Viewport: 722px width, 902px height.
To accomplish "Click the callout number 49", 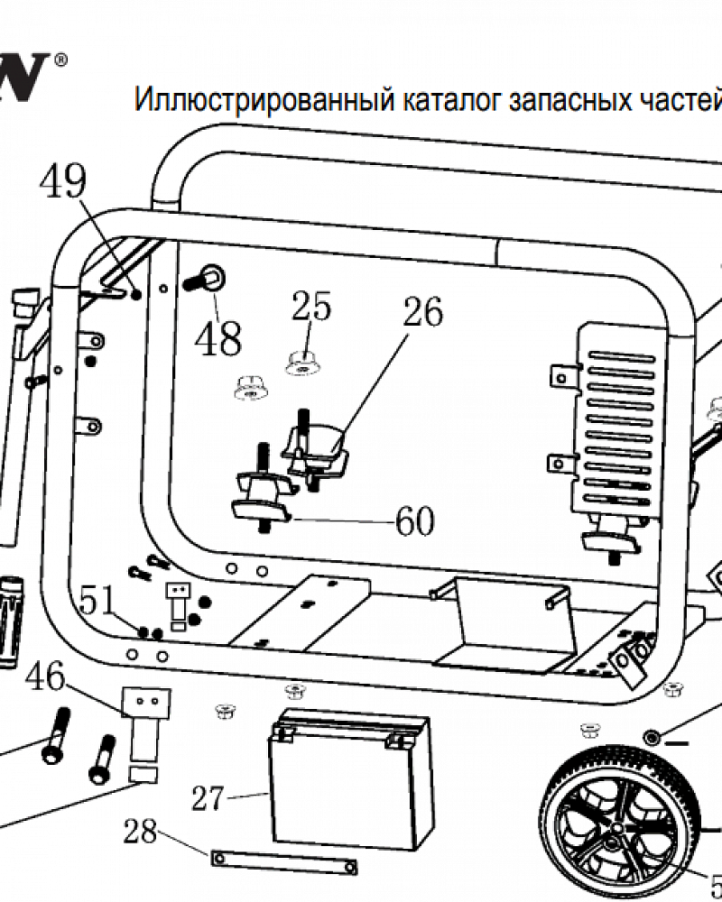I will [x=62, y=183].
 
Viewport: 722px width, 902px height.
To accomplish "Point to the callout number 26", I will [x=422, y=312].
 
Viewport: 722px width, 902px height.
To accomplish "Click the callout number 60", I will [x=414, y=521].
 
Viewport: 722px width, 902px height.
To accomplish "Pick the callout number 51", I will [x=98, y=599].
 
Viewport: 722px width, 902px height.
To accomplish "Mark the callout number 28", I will [x=141, y=831].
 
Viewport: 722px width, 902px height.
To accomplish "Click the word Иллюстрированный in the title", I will [x=261, y=98].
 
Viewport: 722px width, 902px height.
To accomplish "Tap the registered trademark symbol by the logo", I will [x=60, y=60].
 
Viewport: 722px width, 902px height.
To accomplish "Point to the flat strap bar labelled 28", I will [x=283, y=861].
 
